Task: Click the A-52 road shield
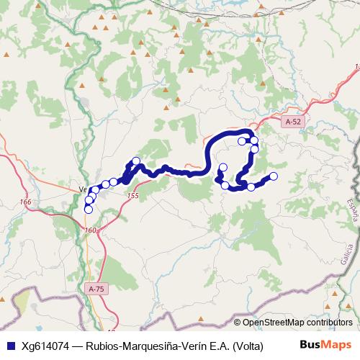[292, 122]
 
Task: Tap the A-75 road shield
[96, 289]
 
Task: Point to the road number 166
[26, 202]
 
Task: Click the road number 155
[131, 196]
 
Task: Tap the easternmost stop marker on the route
[273, 176]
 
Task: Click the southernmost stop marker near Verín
[89, 209]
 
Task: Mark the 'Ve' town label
[82, 190]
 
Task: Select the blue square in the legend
[9, 344]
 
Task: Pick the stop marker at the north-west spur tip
[135, 161]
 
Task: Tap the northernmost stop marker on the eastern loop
[253, 140]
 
